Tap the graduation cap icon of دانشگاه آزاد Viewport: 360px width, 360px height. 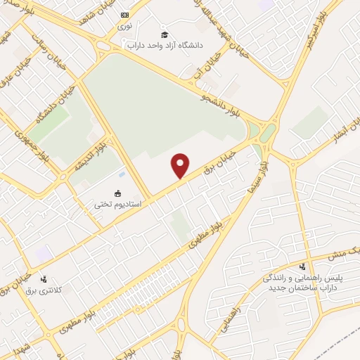(x=165, y=34)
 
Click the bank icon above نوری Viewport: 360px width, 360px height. (x=125, y=15)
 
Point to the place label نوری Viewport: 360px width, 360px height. (x=124, y=25)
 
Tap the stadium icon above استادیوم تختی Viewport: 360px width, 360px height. (x=118, y=193)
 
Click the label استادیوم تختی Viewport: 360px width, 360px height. (x=118, y=205)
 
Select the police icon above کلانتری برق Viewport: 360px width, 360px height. (x=45, y=279)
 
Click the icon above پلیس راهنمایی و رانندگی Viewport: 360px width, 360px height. (x=302, y=266)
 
